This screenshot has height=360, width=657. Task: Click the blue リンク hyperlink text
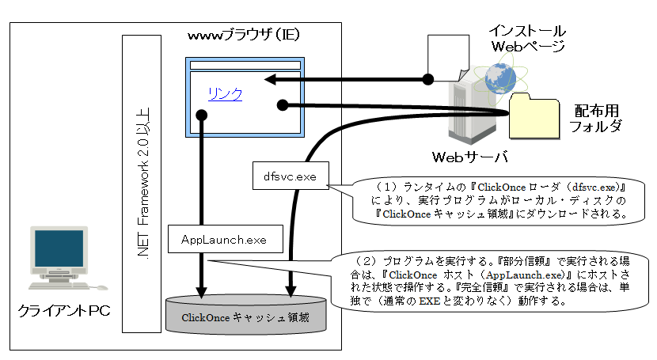pyautogui.click(x=224, y=94)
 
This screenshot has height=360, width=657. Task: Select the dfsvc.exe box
pyautogui.click(x=290, y=176)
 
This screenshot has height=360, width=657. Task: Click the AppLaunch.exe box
pyautogui.click(x=224, y=238)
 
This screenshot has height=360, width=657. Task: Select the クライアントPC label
pyautogui.click(x=64, y=311)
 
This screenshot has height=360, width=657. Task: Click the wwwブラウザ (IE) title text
pyautogui.click(x=243, y=36)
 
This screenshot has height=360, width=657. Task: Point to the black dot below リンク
pyautogui.click(x=202, y=116)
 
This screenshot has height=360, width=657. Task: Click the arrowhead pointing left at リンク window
pyautogui.click(x=270, y=79)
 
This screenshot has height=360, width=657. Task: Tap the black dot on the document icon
pyautogui.click(x=427, y=79)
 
